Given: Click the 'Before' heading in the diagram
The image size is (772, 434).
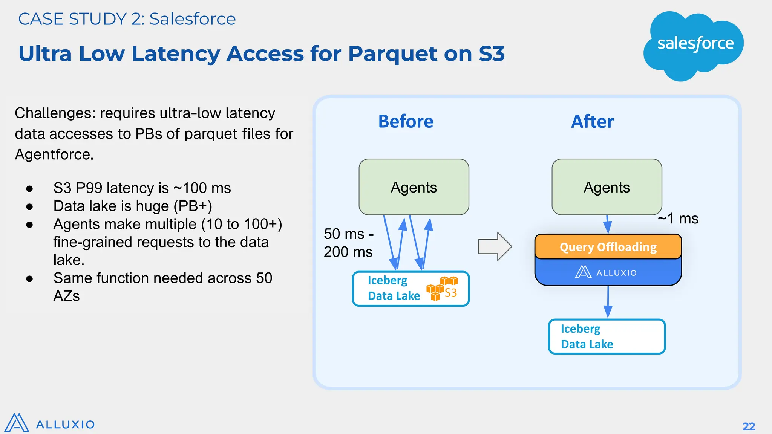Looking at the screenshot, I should (x=406, y=122).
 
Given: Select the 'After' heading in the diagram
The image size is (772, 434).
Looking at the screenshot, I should (x=592, y=122).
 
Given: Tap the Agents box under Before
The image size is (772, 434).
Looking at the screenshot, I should (x=414, y=187).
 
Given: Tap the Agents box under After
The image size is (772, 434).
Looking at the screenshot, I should (x=607, y=187).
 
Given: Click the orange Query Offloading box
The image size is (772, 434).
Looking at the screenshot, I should (x=608, y=247).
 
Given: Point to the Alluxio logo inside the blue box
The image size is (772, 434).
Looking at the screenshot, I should (x=605, y=272).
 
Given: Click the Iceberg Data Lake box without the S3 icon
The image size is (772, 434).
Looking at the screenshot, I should (x=607, y=336).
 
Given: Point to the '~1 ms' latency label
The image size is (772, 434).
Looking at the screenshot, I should (x=678, y=219).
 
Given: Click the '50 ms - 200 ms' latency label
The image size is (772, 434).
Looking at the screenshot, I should (x=348, y=243).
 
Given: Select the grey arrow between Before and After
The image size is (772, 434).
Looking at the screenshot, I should (x=495, y=246).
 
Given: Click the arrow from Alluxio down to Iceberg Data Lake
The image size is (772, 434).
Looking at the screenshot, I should (x=608, y=301).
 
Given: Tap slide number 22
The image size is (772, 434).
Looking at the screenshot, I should (x=749, y=426).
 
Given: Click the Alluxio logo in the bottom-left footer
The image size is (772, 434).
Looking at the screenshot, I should (x=49, y=423).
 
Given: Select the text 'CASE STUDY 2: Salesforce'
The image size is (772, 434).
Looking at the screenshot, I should (x=127, y=19).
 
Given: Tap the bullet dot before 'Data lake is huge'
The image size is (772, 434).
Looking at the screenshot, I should (x=30, y=206).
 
